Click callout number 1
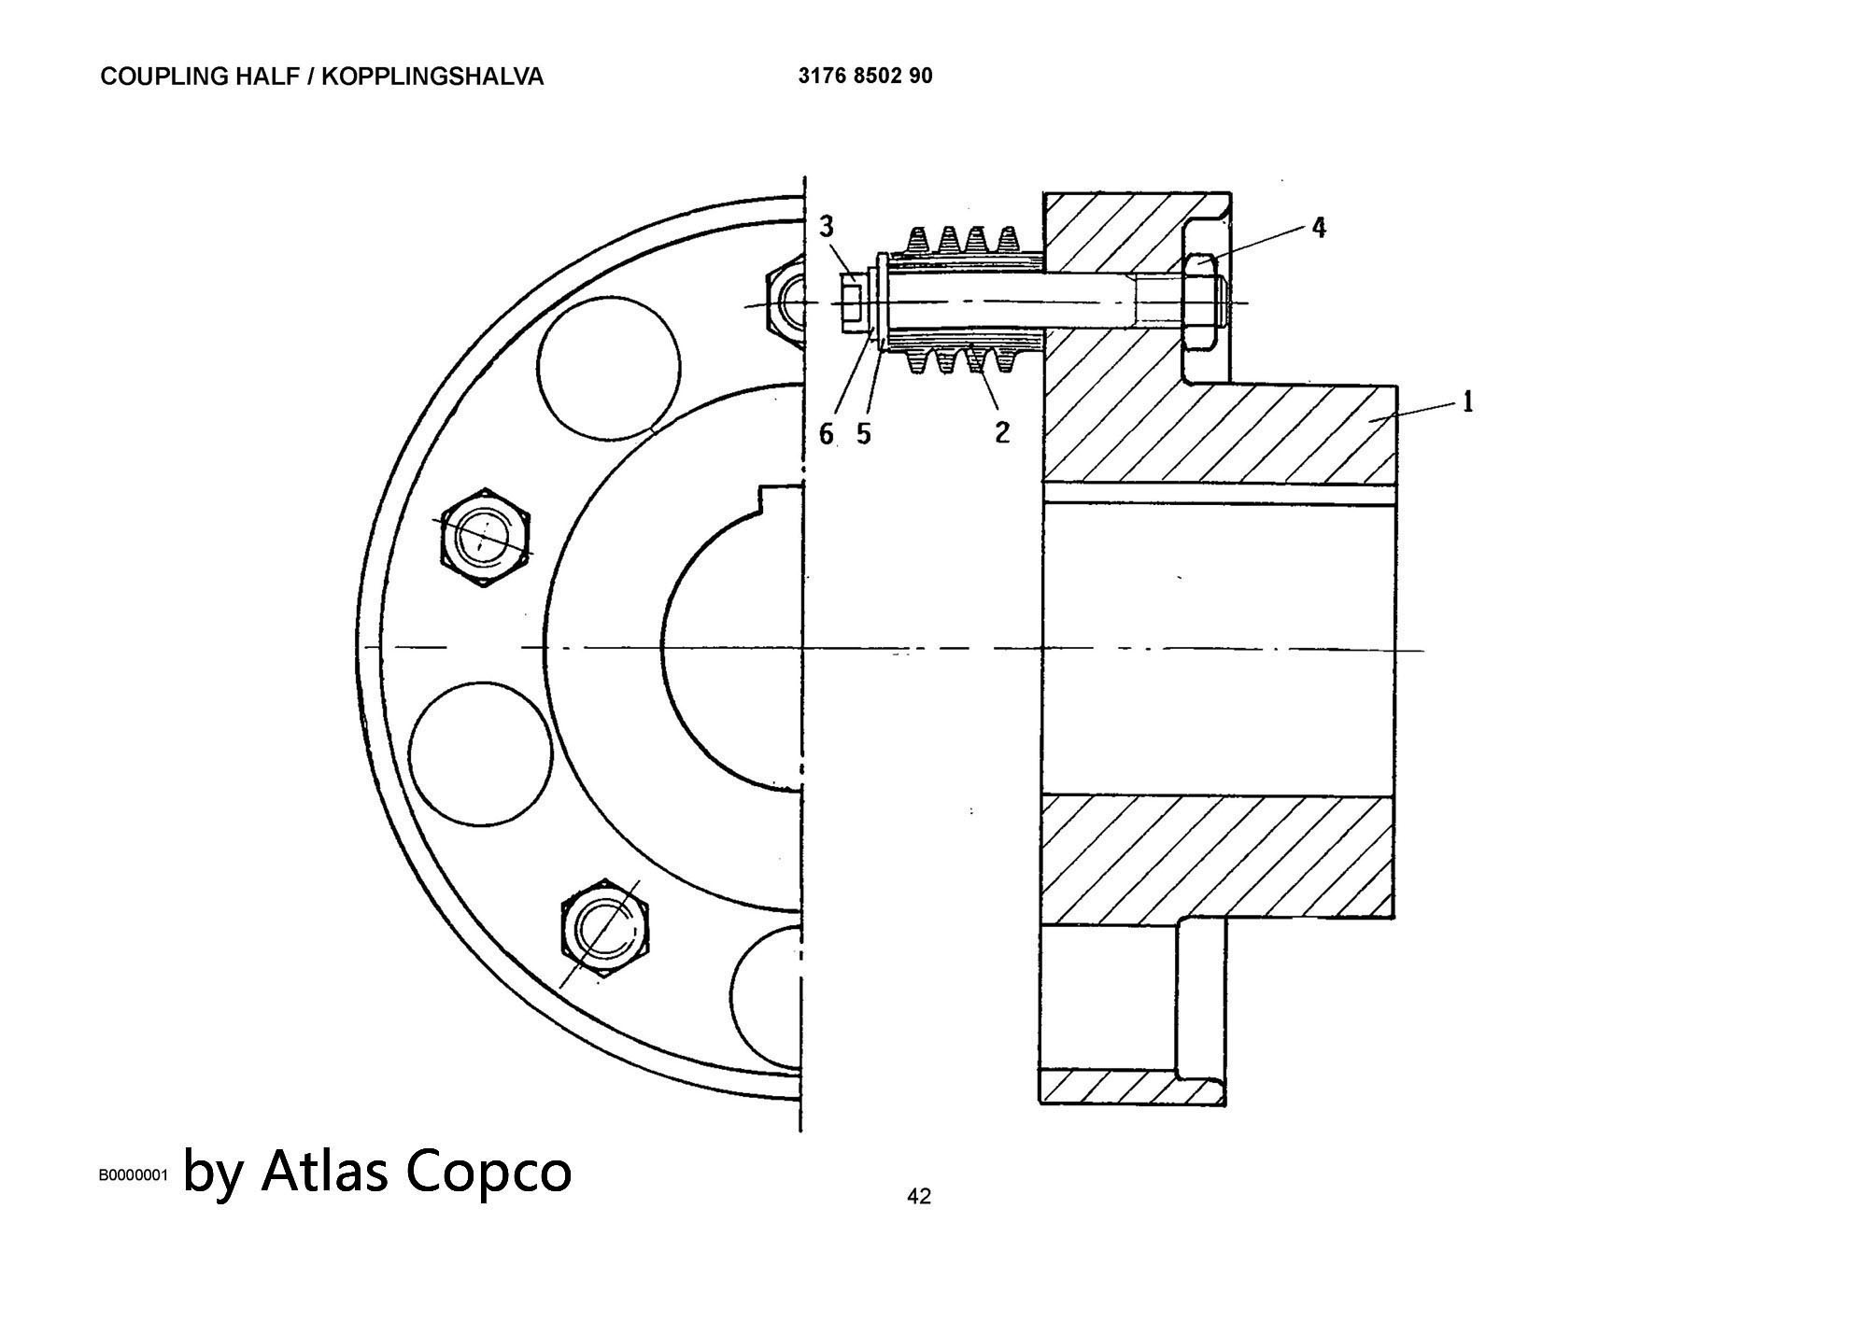[1467, 402]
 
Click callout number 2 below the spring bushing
[1001, 431]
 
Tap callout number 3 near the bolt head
[827, 226]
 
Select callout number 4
[1318, 227]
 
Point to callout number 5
[863, 433]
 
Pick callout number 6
[827, 433]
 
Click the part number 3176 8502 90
[865, 76]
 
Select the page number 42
[919, 1196]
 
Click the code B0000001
[133, 1174]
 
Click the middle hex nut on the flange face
[485, 538]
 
